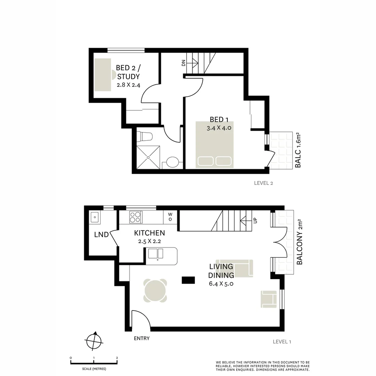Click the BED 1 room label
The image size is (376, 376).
(219, 119)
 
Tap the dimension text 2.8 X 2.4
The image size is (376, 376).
(128, 85)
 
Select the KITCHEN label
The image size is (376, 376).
(149, 233)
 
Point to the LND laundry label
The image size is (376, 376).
(101, 235)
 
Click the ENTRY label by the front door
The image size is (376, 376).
(142, 338)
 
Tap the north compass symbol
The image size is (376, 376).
(94, 340)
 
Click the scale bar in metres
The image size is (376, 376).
(94, 362)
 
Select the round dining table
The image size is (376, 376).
(155, 291)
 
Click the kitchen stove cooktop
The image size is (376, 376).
(135, 217)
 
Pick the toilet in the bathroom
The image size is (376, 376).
(144, 136)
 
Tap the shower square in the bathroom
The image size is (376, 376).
(149, 157)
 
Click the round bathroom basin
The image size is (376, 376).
(172, 162)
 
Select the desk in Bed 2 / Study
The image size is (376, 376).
(103, 74)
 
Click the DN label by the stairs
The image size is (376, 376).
(183, 63)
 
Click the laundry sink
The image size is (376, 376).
(94, 218)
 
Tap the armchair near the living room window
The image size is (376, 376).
(268, 299)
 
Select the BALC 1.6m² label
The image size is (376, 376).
(298, 150)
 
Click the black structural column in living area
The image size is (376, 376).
(188, 280)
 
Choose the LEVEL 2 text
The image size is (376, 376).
(264, 183)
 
